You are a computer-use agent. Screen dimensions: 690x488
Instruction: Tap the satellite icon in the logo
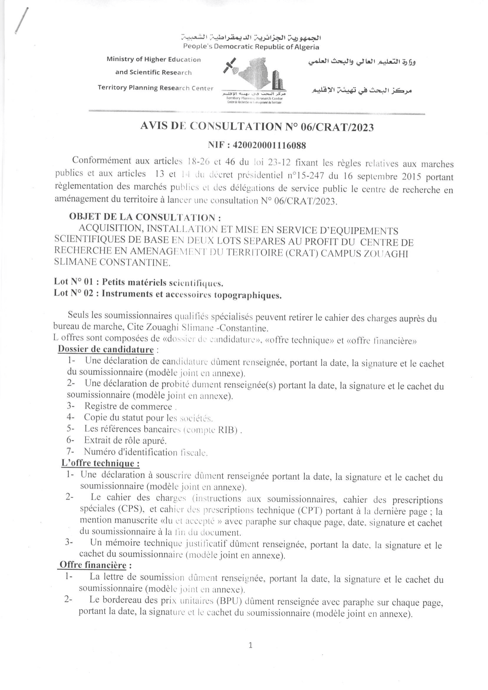(x=230, y=66)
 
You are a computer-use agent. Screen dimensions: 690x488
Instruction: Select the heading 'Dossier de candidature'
(x=105, y=349)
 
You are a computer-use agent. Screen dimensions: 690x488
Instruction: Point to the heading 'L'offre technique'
(x=100, y=463)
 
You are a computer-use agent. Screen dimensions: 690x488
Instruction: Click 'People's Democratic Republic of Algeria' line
(x=251, y=47)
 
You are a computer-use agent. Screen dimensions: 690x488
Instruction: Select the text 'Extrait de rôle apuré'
(x=125, y=441)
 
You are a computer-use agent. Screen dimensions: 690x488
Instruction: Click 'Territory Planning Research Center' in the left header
(x=155, y=88)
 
